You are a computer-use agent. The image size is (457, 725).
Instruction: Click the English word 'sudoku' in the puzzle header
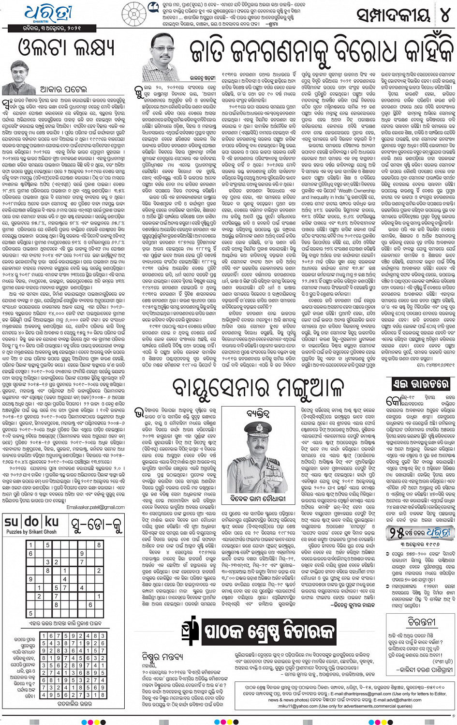(x=31, y=522)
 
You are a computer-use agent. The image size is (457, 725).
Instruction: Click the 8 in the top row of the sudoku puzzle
(x=99, y=544)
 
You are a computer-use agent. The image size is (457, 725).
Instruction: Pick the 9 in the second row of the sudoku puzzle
(x=82, y=553)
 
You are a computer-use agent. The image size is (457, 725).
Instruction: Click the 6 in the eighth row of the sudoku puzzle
(x=90, y=605)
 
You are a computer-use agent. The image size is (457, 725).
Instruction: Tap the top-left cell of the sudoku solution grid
(x=44, y=636)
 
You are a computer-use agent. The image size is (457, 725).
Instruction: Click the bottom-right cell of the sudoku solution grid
(x=103, y=695)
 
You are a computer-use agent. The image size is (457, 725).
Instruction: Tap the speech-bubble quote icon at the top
(x=154, y=6)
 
